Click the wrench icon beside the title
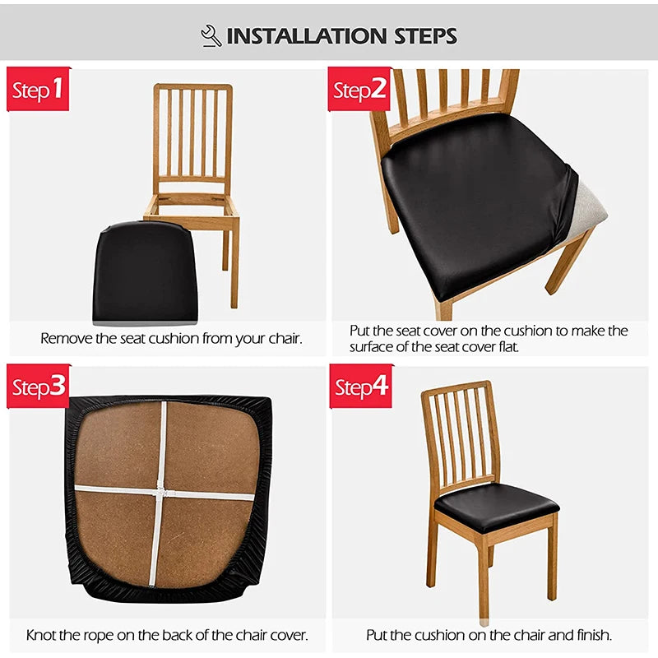pyautogui.click(x=211, y=35)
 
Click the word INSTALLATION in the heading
pyautogui.click(x=306, y=36)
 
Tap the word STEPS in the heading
pyautogui.click(x=425, y=36)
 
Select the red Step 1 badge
pyautogui.click(x=38, y=89)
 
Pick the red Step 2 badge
pyautogui.click(x=359, y=89)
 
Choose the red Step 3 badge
pyautogui.click(x=38, y=386)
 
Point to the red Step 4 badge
pyautogui.click(x=361, y=386)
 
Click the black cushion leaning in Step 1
pyautogui.click(x=146, y=273)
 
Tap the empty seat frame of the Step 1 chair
pyautogui.click(x=191, y=206)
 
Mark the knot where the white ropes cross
pyautogui.click(x=162, y=492)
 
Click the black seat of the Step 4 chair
pyautogui.click(x=497, y=507)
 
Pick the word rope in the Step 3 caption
pyautogui.click(x=99, y=635)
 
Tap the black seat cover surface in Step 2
pyautogui.click(x=475, y=202)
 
